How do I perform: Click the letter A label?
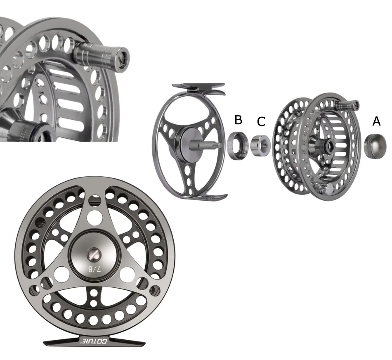pos(376,121)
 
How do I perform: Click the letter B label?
pos(238,120)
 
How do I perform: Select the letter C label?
pos(261,122)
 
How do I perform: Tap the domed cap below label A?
pos(375,146)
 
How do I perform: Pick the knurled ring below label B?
pos(238,146)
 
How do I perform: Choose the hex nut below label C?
pos(260,146)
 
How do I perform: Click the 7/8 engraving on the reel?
pos(95,269)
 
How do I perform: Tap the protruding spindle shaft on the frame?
pos(205,145)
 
